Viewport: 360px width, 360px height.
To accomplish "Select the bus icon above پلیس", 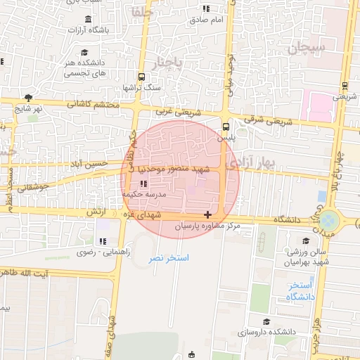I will pyautogui.click(x=226, y=127).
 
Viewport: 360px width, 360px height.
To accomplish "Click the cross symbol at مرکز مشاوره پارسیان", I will pyautogui.click(x=207, y=214).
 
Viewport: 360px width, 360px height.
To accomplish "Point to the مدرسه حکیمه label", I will pyautogui.click(x=163, y=193).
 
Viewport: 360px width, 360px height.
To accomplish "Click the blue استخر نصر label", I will pyautogui.click(x=169, y=258).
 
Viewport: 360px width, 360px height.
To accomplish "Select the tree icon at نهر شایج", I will pyautogui.click(x=28, y=98).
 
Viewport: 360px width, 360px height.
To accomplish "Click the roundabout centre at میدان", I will pyautogui.click(x=330, y=221).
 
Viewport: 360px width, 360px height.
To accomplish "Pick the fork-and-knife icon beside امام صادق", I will pyautogui.click(x=205, y=8).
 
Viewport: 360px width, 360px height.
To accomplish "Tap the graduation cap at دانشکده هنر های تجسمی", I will pyautogui.click(x=84, y=53).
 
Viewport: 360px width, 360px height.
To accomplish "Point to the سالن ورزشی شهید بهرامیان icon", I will pyautogui.click(x=292, y=251).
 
